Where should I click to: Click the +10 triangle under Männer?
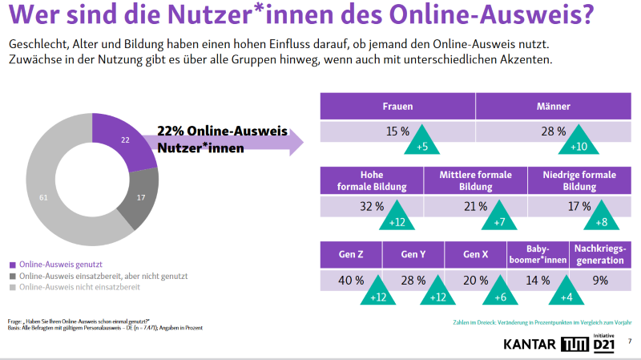578,143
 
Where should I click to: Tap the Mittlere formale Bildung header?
475,180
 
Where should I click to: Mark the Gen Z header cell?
351,255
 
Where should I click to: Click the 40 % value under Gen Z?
351,281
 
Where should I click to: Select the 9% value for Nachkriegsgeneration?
600,281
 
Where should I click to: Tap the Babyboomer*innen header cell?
538,255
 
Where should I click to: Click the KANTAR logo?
530,345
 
